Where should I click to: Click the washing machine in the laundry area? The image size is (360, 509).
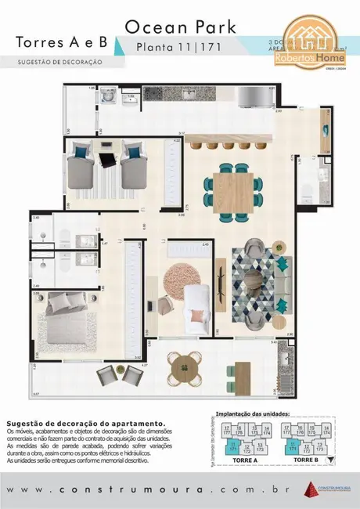[x=107, y=97]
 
